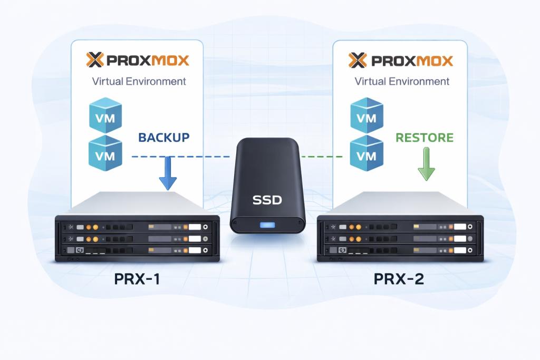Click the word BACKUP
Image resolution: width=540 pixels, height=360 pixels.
[163, 138]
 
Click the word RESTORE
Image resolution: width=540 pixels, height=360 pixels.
[425, 138]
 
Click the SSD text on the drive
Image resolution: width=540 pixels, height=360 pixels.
[267, 200]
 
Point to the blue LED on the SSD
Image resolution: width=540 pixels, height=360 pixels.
[267, 226]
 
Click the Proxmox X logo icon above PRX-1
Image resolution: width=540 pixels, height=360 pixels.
[95, 60]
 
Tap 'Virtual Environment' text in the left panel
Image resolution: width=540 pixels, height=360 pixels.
[139, 81]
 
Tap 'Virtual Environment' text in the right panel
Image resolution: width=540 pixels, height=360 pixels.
[402, 81]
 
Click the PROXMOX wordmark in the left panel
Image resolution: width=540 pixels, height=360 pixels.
[148, 60]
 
